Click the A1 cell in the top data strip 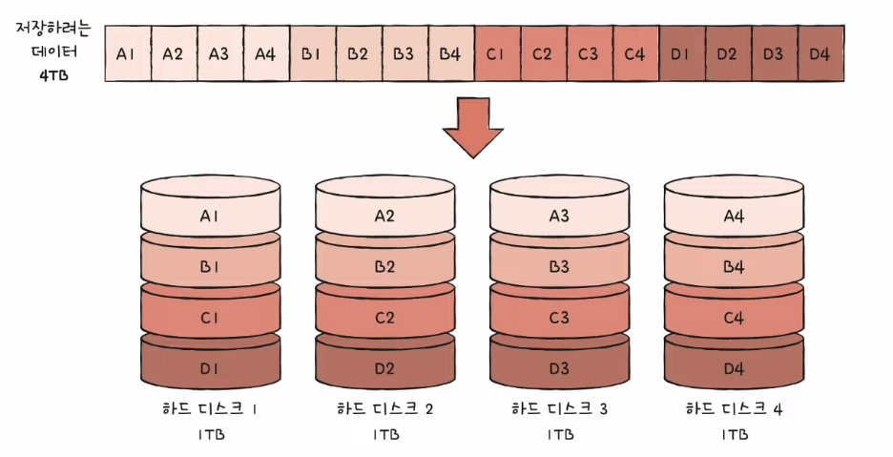pyautogui.click(x=126, y=53)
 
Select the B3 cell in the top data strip pyautogui.click(x=404, y=53)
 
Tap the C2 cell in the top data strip pyautogui.click(x=542, y=53)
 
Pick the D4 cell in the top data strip pyautogui.click(x=819, y=53)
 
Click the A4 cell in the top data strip pyautogui.click(x=264, y=53)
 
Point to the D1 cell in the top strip pyautogui.click(x=680, y=53)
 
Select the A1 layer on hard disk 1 pyautogui.click(x=210, y=217)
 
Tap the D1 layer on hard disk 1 pyautogui.click(x=210, y=367)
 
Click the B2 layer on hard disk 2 pyautogui.click(x=384, y=267)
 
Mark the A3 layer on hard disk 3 pyautogui.click(x=559, y=217)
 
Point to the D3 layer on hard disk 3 pyautogui.click(x=559, y=367)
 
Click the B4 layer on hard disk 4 pyautogui.click(x=734, y=267)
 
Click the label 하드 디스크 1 pyautogui.click(x=210, y=410)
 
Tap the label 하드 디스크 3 pyautogui.click(x=559, y=410)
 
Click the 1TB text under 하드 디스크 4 pyautogui.click(x=734, y=435)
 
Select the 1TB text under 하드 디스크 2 pyautogui.click(x=384, y=435)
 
